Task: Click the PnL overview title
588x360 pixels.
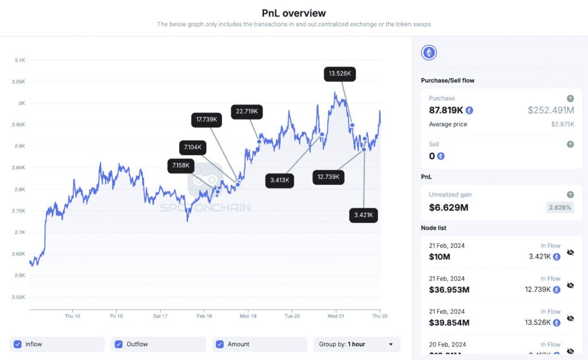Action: click(293, 13)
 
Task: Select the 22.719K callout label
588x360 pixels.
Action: click(247, 111)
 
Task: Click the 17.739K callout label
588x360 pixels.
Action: click(206, 119)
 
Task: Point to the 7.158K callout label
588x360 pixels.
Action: click(181, 166)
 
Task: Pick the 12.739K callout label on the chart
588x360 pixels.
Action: click(328, 177)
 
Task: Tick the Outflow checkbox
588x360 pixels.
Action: click(119, 344)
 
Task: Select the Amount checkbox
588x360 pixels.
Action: click(220, 344)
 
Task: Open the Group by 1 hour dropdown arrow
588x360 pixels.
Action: click(391, 344)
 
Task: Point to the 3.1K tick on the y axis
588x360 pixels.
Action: click(20, 60)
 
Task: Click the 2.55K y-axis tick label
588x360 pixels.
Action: click(18, 297)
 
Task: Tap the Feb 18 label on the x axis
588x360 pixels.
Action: click(204, 316)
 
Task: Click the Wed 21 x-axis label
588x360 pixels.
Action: click(336, 316)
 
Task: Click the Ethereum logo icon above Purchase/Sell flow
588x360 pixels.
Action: click(429, 53)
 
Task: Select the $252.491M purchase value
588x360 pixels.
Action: click(551, 110)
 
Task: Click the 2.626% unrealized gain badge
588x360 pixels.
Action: click(559, 207)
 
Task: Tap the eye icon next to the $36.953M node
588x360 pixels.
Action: click(570, 285)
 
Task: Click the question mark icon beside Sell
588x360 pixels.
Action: click(570, 144)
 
